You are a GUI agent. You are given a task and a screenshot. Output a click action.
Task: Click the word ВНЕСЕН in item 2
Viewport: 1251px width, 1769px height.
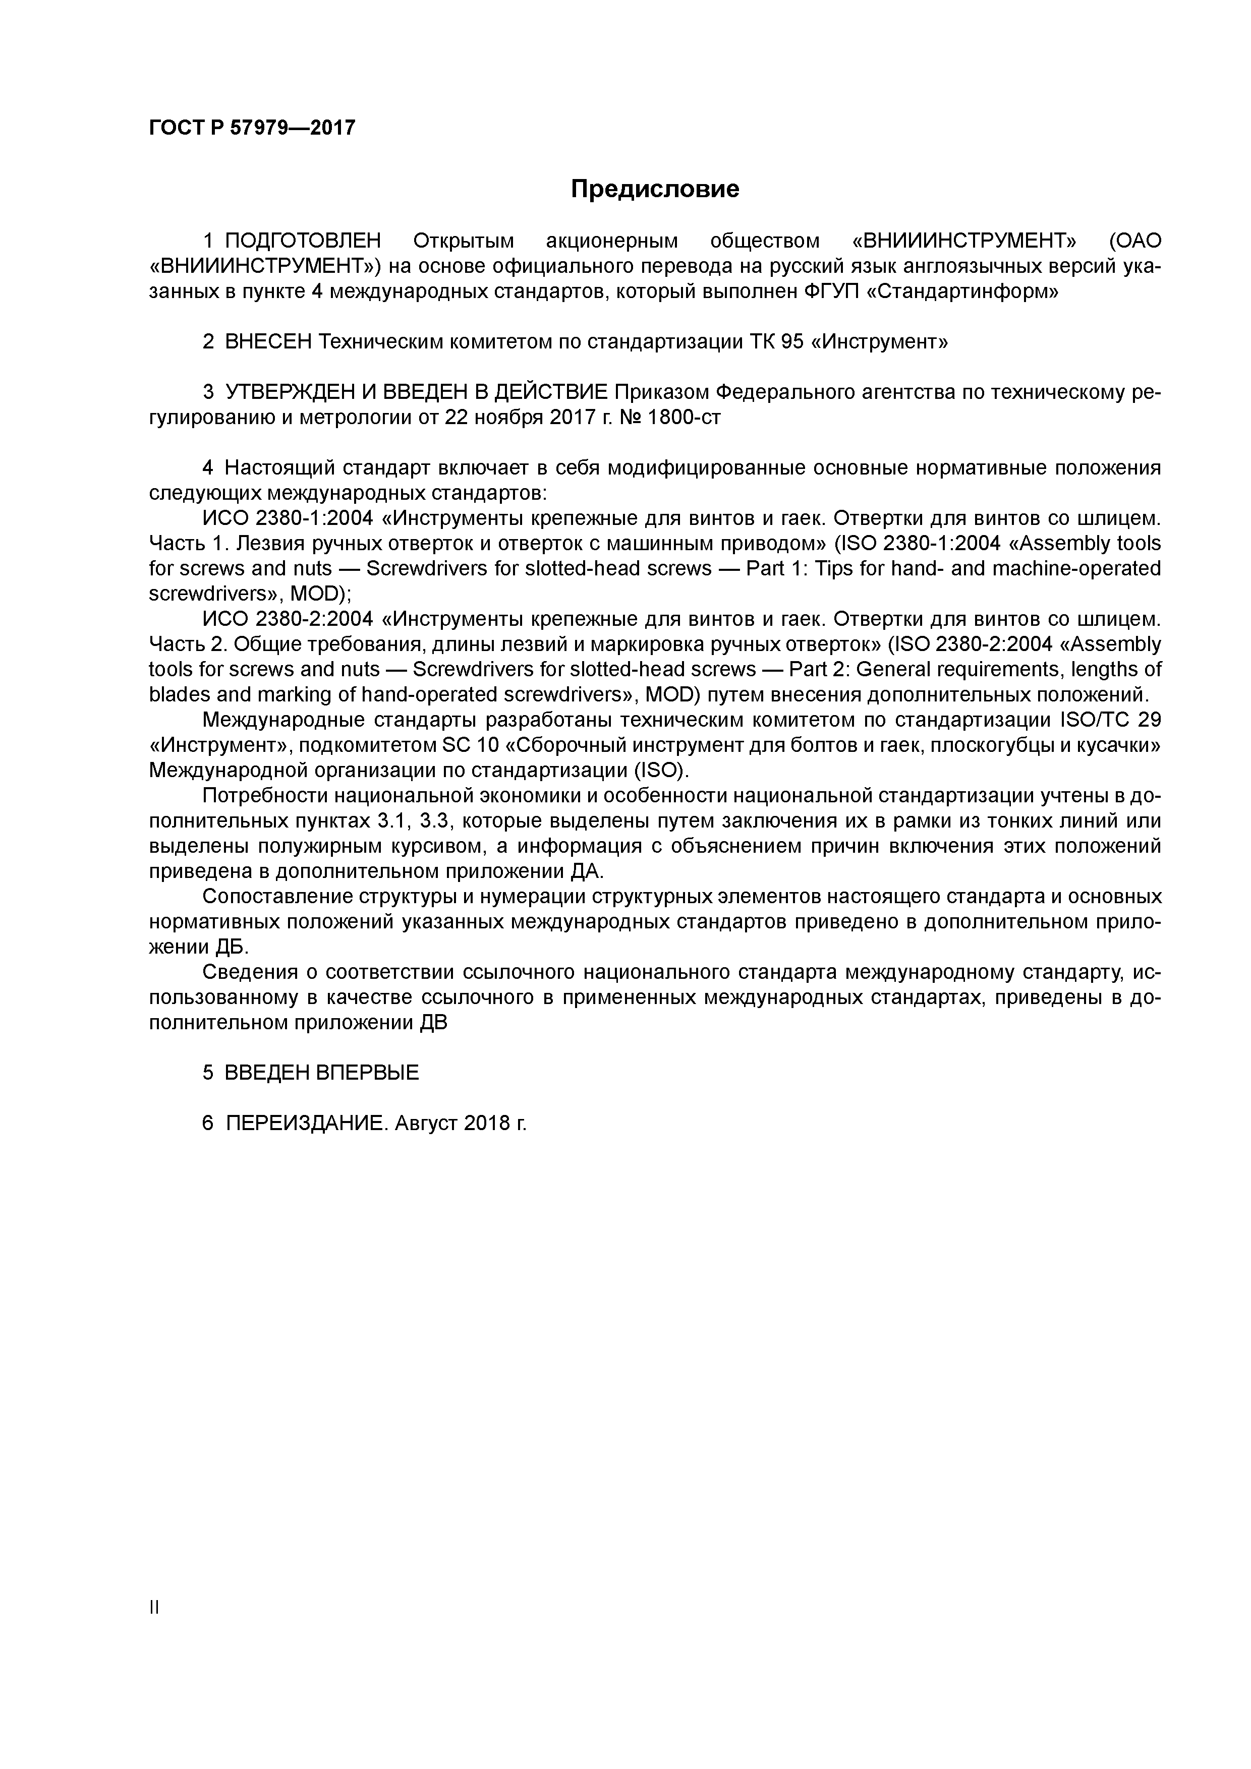tap(267, 341)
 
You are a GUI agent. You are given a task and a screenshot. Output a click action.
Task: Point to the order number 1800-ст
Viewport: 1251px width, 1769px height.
tap(684, 417)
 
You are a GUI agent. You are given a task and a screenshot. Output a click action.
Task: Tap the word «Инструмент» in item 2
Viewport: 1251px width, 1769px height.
tap(879, 341)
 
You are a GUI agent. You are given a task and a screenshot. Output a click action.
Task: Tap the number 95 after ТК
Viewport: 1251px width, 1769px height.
tap(791, 341)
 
